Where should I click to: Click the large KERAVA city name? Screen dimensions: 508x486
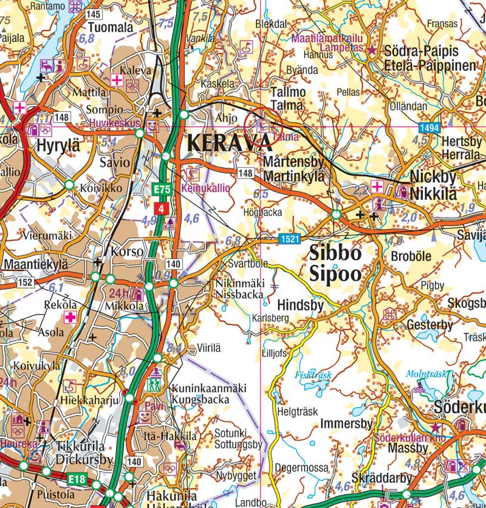pos(230,143)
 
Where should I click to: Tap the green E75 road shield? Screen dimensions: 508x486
pos(162,190)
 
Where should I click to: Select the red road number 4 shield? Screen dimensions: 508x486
pos(162,208)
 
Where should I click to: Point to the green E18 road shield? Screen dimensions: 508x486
pos(77,479)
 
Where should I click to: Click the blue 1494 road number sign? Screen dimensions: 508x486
pos(428,128)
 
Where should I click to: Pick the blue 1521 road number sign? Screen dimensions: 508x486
pos(290,239)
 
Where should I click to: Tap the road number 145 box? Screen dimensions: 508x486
pos(93,14)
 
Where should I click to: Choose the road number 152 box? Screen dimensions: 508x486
pos(25,282)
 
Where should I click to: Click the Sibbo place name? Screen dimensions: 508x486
pos(335,253)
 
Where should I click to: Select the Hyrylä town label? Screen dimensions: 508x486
pos(58,146)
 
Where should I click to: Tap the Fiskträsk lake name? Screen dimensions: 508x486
pos(313,375)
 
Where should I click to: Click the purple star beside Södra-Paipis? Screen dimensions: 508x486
pos(372,50)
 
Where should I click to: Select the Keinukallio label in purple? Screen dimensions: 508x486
pos(206,188)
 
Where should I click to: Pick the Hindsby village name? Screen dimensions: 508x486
pos(300,304)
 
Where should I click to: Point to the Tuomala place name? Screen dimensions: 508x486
pos(110,28)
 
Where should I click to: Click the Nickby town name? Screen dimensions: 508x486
pos(433,177)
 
